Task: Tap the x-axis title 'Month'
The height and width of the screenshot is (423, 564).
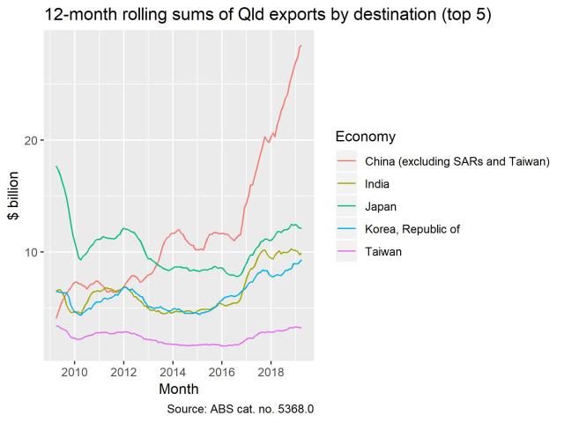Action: point(179,388)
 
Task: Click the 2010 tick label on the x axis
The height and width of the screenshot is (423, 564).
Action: point(74,370)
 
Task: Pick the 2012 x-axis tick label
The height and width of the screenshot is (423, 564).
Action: point(123,370)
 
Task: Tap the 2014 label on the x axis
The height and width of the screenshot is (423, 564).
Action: point(173,370)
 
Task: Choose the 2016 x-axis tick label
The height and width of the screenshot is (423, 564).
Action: point(222,370)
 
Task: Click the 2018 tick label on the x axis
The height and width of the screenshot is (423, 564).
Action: point(271,370)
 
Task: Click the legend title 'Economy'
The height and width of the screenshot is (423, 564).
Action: point(365,137)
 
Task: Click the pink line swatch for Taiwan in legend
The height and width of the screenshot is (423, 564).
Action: point(346,252)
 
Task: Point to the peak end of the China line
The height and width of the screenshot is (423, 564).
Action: point(301,46)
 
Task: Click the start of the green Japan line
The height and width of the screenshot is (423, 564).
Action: point(56,167)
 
